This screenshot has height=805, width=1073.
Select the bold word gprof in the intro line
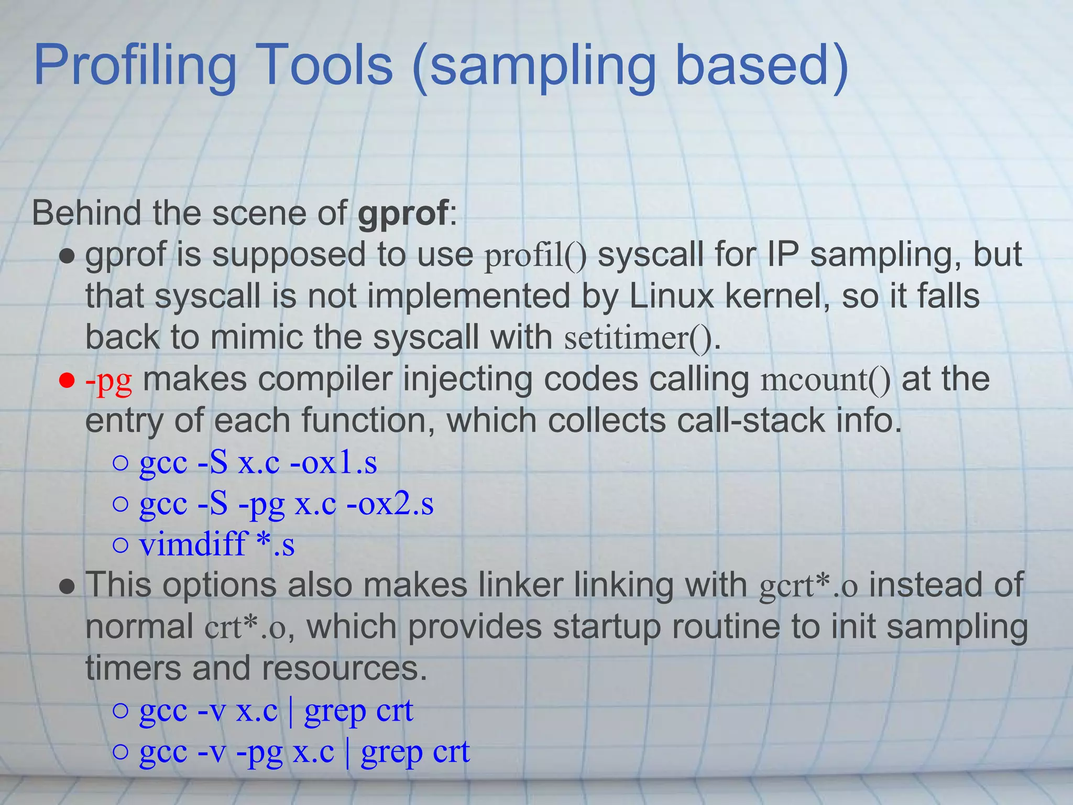pos(402,213)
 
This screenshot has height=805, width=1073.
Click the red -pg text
pos(108,379)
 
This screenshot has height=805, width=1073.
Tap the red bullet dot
pos(67,380)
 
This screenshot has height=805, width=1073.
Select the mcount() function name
pos(825,379)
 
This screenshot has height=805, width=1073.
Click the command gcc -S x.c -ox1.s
pos(258,463)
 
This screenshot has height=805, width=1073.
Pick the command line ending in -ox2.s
pos(286,504)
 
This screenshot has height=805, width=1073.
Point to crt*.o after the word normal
pos(245,627)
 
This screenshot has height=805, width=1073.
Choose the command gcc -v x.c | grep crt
pos(276,711)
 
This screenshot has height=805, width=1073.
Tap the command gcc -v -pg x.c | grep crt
pos(304,752)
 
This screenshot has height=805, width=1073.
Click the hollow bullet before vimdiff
pos(121,545)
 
